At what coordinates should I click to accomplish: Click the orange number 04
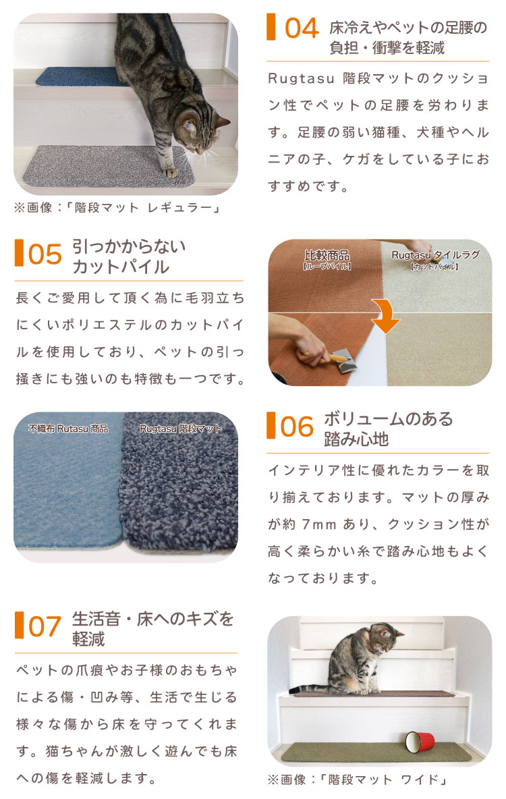point(302,28)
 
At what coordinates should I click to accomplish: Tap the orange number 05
point(45,254)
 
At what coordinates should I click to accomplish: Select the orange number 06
point(297,427)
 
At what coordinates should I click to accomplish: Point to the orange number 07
point(45,627)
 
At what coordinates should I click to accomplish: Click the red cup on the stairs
point(420,742)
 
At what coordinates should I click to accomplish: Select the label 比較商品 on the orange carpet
point(327,255)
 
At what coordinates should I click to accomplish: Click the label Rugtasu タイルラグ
point(436,255)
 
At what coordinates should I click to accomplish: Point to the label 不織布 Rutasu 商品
point(68,429)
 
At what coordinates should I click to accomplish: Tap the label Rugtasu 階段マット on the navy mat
point(181,429)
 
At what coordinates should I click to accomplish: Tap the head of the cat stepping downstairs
point(199,130)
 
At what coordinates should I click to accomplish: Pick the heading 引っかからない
point(128,246)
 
